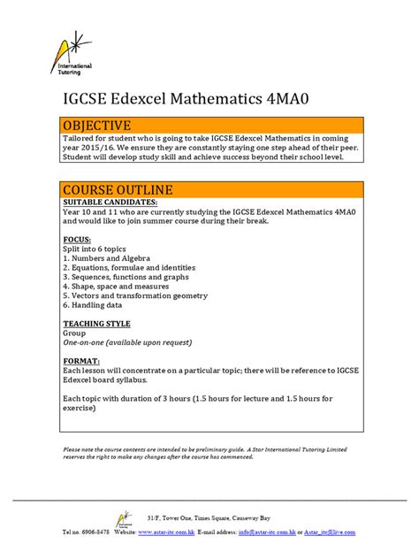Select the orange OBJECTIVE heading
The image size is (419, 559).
pyautogui.click(x=97, y=126)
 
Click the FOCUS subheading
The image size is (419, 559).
pyautogui.click(x=77, y=241)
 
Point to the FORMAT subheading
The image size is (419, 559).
pyautogui.click(x=81, y=362)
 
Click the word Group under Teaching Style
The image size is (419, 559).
pyautogui.click(x=74, y=333)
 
